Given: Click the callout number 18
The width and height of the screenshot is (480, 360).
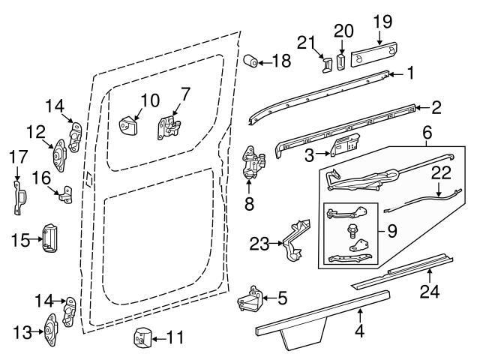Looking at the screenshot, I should click(281, 62).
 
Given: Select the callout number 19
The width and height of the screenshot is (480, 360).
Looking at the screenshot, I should click(382, 21).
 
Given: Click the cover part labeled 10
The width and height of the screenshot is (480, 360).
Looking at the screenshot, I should click(132, 122).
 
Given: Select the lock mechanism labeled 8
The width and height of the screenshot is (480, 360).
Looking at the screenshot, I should click(253, 164).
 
